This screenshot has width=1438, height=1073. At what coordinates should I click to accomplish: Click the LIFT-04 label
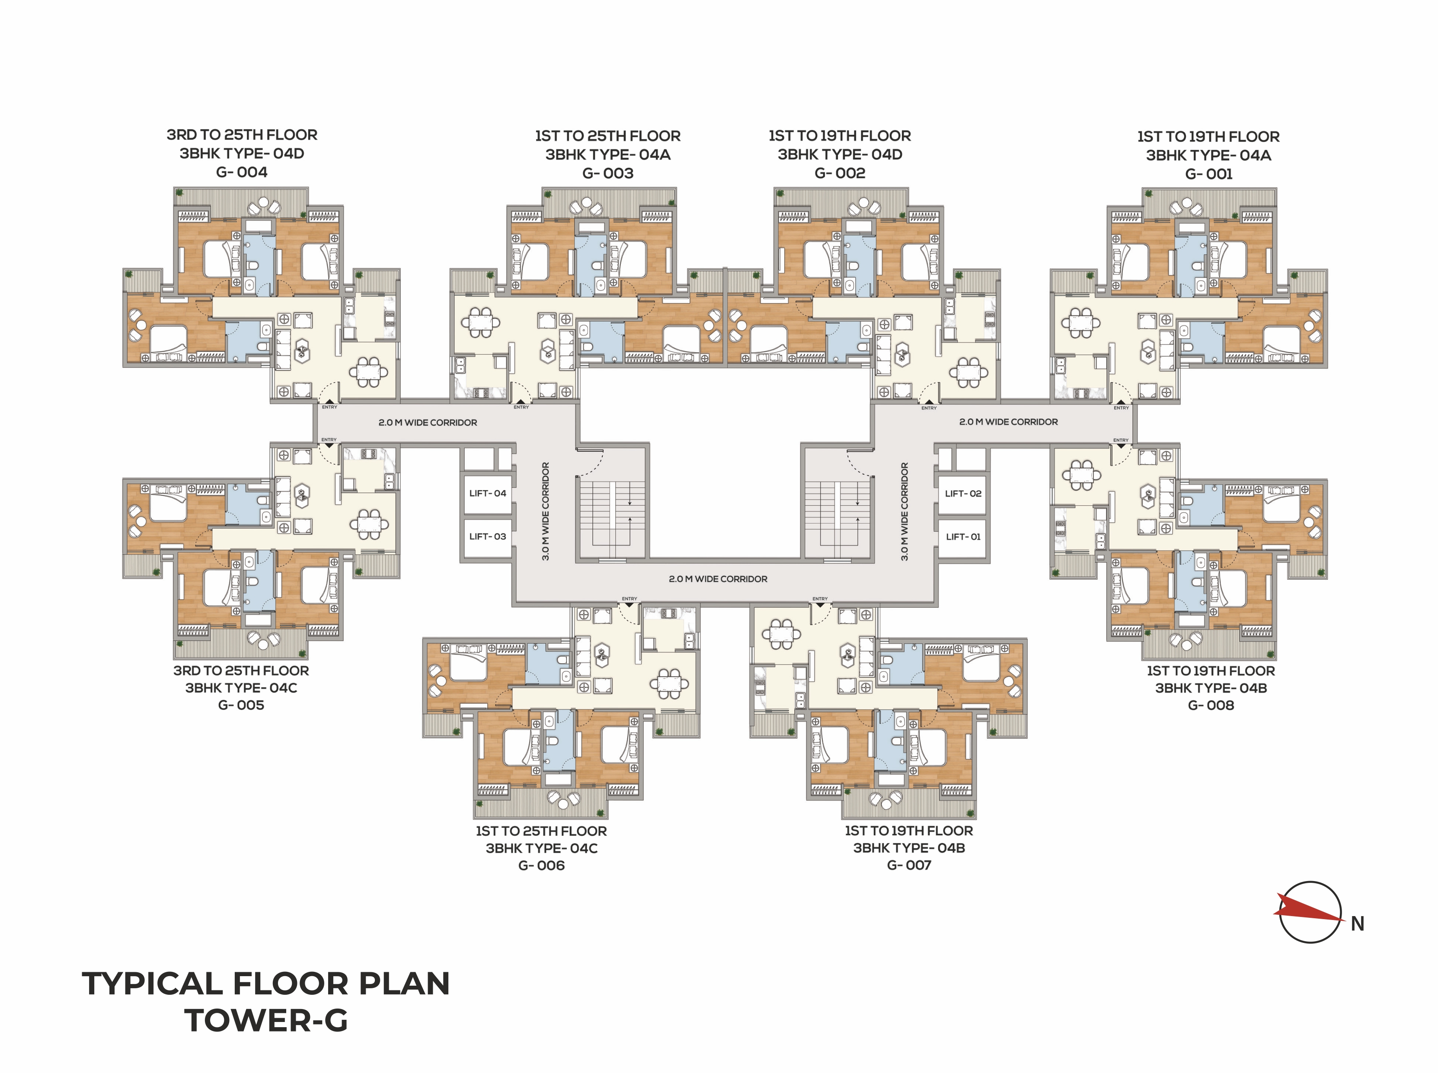(x=487, y=493)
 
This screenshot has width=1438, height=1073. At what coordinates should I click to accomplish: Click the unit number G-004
(x=242, y=172)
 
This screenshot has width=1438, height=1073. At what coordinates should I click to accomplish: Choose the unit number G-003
(x=607, y=173)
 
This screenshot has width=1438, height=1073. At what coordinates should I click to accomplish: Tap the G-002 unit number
(x=840, y=173)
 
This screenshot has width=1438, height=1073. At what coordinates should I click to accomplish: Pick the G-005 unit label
(x=241, y=705)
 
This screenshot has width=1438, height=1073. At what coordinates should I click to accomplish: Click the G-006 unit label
(x=541, y=865)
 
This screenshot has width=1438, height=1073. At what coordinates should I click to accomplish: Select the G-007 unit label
(x=909, y=865)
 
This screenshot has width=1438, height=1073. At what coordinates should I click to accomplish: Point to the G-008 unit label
(x=1211, y=705)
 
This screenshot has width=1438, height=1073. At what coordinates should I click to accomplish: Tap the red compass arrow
(x=1308, y=910)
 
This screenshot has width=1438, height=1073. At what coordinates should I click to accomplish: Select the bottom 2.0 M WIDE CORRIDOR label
(x=718, y=579)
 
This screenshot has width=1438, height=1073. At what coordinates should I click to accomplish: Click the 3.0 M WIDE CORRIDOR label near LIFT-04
(x=546, y=511)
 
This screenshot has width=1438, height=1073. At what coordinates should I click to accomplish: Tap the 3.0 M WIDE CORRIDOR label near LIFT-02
(x=904, y=511)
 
